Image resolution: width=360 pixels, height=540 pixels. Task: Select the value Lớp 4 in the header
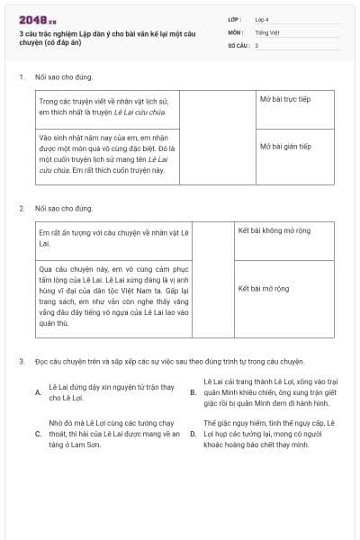[261, 18]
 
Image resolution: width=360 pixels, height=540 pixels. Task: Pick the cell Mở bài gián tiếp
[285, 146]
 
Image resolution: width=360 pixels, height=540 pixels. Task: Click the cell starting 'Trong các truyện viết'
[108, 107]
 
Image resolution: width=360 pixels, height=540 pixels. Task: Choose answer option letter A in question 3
[38, 393]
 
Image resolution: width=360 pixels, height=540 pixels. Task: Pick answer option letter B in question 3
[193, 393]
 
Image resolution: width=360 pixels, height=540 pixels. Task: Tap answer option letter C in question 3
[38, 434]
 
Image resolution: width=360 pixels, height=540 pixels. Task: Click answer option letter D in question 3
[193, 434]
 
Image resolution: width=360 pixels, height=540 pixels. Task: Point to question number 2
[21, 209]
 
